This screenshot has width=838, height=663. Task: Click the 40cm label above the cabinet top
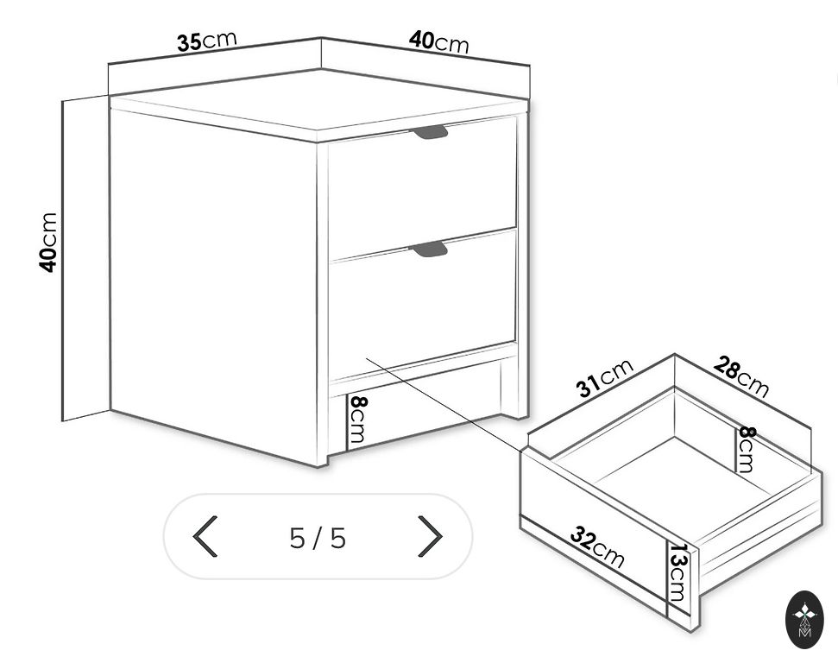438,41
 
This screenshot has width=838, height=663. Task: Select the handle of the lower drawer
429,248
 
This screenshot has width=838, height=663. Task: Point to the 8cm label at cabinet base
357,419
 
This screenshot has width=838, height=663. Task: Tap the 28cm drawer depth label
741,376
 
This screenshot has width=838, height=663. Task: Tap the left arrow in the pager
205,536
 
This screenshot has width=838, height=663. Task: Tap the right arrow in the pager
431,536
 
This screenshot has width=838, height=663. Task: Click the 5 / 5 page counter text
318,538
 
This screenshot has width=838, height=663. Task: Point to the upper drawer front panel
422,190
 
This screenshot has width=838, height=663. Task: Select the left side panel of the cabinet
214,278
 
